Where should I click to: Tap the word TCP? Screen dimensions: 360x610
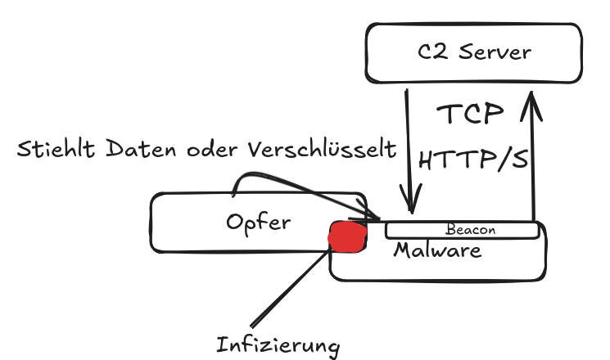point(468,113)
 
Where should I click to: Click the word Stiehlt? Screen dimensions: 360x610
point(56,151)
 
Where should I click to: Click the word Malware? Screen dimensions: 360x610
point(437,250)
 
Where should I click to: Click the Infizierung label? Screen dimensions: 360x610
point(278,344)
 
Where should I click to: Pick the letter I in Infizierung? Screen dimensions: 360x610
point(221,344)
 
